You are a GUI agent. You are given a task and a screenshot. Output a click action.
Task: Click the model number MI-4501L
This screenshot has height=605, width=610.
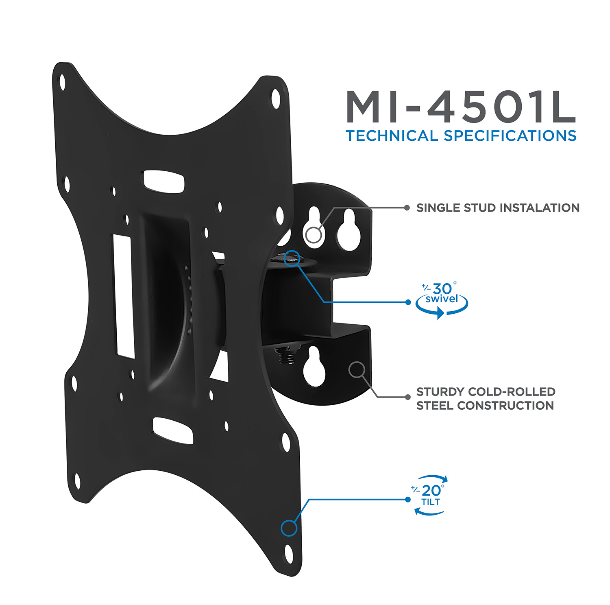click(460, 107)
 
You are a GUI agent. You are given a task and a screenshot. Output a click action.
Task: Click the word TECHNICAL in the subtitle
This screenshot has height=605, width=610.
click(392, 136)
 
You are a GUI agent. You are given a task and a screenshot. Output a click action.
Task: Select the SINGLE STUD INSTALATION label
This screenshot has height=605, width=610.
click(498, 208)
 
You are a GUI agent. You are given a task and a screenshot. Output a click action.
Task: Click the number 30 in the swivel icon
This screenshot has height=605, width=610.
click(442, 289)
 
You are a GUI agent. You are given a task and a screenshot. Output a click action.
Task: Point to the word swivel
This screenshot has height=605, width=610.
click(442, 299)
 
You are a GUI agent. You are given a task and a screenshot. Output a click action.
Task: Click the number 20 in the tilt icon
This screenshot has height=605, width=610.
click(431, 491)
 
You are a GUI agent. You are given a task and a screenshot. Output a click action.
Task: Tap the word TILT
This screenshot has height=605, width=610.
click(431, 502)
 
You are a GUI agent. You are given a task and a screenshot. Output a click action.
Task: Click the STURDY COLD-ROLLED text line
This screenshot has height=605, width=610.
click(486, 392)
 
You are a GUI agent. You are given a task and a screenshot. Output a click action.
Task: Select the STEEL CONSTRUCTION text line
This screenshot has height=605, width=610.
click(485, 406)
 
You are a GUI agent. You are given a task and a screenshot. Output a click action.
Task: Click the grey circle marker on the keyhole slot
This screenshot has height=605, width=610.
click(314, 235)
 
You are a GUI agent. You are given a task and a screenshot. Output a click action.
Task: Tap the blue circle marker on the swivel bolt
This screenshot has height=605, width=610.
click(292, 258)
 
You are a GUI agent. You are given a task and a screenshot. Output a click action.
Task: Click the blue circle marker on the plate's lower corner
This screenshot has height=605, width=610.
click(289, 528)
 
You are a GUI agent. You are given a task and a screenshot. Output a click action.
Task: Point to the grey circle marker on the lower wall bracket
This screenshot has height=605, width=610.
click(357, 369)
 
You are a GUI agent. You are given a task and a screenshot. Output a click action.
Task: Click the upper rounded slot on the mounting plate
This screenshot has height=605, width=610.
click(163, 181)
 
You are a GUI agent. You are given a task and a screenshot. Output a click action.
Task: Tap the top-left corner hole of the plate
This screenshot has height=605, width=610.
click(62, 83)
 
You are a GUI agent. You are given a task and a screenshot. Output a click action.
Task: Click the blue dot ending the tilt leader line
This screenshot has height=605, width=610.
click(408, 499)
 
